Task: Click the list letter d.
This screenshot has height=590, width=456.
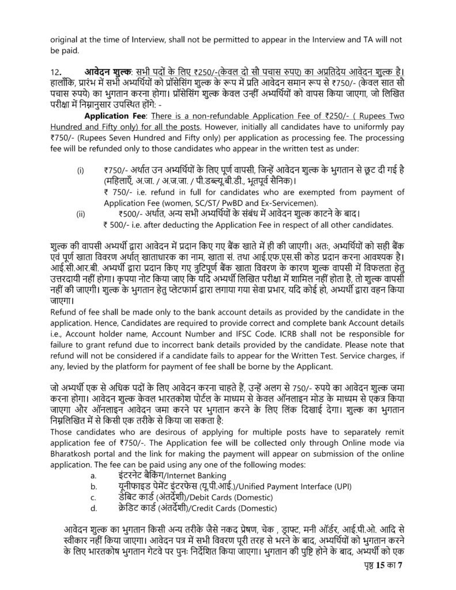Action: [92, 508]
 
